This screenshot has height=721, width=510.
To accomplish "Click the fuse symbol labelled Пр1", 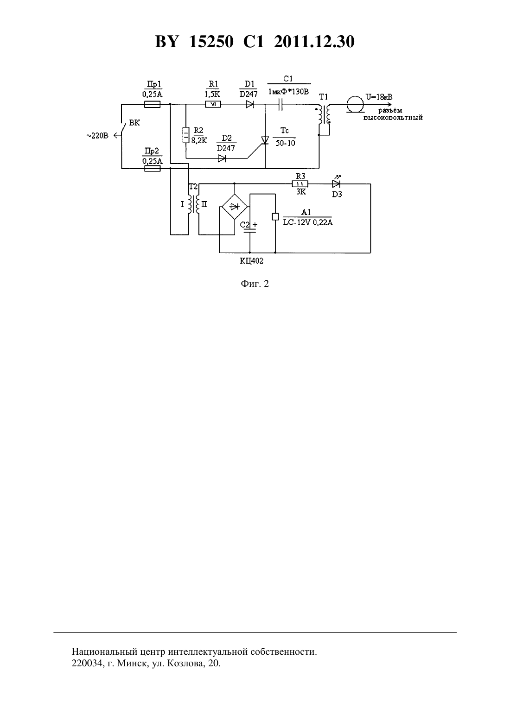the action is tap(152, 104).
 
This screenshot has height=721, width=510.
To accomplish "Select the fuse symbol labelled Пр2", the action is tap(152, 168).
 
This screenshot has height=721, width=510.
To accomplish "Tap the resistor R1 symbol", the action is tap(213, 104).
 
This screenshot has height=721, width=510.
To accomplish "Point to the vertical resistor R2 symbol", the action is tap(186, 135).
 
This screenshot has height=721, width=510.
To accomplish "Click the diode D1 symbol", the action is tap(249, 104).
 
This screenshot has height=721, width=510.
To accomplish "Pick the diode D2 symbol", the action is tap(222, 158).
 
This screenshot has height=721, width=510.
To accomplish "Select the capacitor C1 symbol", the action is tap(280, 104).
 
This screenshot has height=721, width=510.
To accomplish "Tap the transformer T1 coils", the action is tap(324, 115).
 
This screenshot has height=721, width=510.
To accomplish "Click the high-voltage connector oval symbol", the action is tap(355, 104).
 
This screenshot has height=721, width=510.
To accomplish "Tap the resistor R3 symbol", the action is tap(300, 184).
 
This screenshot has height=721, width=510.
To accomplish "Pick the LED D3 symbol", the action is tap(336, 184).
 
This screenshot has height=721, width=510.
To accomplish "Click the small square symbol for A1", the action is tap(275, 216).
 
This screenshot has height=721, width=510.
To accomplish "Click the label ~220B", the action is tap(97, 136).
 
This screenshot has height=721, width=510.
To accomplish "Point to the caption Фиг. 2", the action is tap(255, 284).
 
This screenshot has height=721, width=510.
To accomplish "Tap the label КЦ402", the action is tap(251, 261).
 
